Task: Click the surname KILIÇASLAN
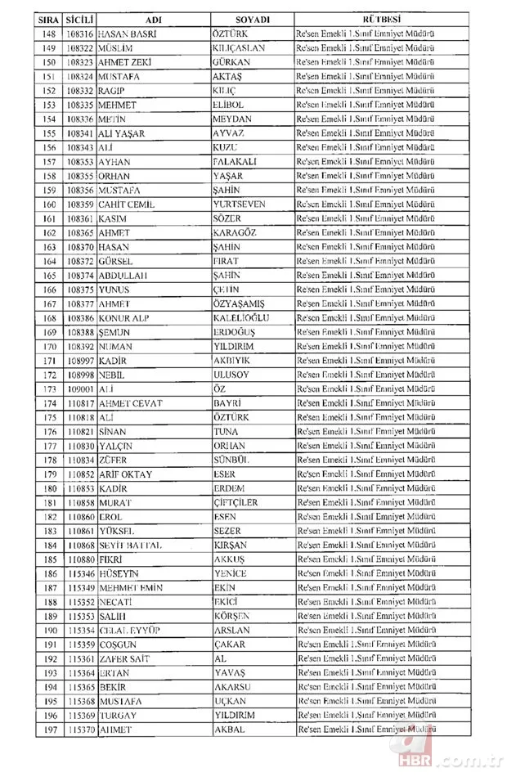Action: [244, 48]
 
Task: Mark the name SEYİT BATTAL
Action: [131, 543]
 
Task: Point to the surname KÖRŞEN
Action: [233, 614]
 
